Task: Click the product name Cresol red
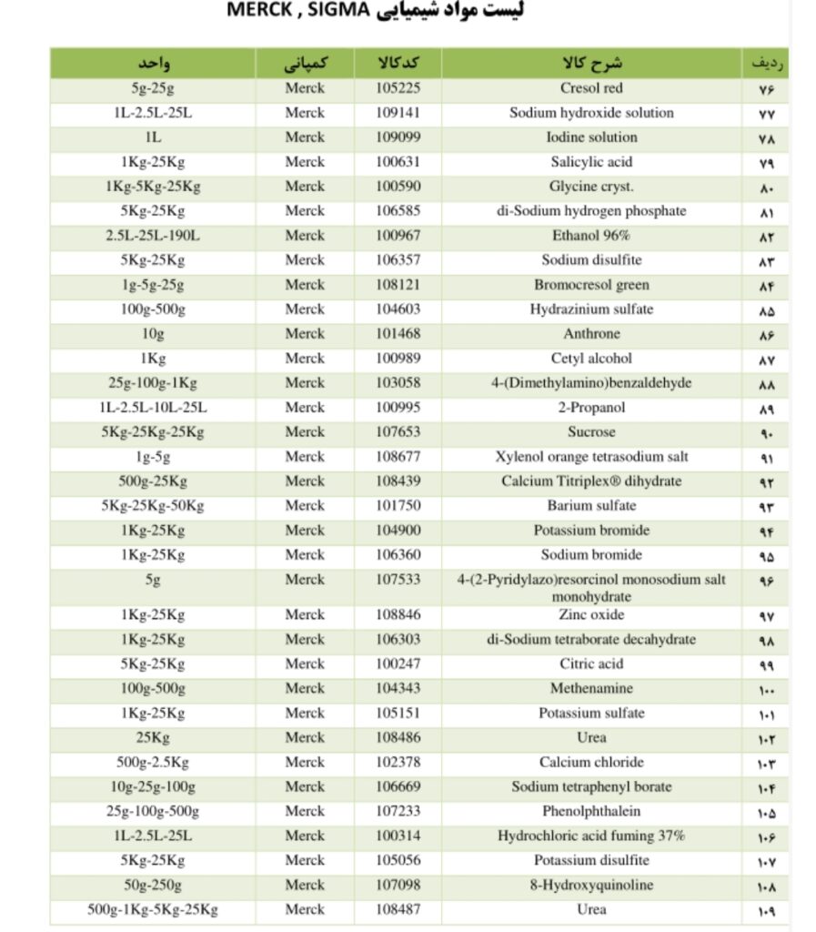coord(591,88)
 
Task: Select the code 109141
coord(398,113)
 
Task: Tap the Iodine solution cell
coord(591,137)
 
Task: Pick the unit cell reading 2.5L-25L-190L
coord(153,236)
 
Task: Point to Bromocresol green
coord(591,285)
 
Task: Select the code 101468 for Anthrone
coord(398,334)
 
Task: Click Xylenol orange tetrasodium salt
coord(591,457)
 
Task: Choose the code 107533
coord(398,579)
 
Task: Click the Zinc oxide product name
coord(591,614)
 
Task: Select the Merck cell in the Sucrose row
coord(304,432)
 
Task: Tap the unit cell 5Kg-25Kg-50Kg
coord(153,506)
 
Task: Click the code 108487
coord(398,909)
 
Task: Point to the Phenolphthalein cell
coord(591,811)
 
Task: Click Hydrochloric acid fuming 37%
coord(591,836)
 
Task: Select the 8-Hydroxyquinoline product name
coord(591,885)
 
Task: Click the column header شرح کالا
coord(592,64)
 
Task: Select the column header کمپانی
coord(304,64)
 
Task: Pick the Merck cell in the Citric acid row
coord(304,664)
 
